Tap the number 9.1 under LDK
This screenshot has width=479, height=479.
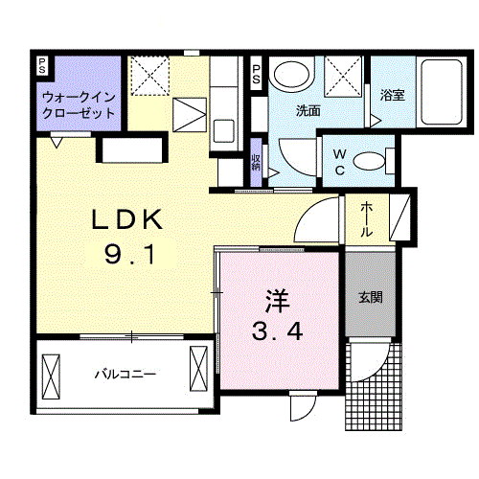127,255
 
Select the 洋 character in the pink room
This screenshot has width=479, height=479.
277,300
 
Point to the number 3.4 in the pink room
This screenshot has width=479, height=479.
278,333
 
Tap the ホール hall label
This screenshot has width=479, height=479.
368,219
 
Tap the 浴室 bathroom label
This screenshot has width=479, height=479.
391,96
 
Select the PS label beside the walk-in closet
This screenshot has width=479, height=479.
42,66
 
